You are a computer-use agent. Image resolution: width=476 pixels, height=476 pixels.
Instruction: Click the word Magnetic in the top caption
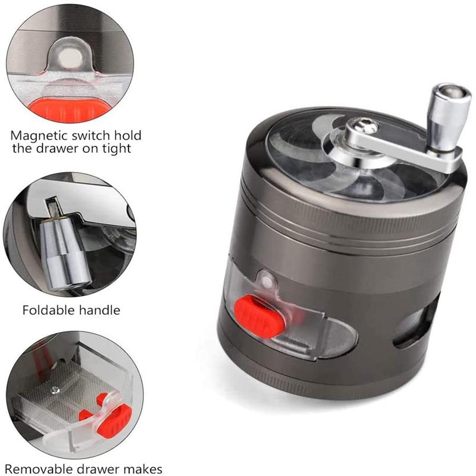pos(39,136)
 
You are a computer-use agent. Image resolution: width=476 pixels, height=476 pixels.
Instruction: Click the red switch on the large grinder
pos(259,316)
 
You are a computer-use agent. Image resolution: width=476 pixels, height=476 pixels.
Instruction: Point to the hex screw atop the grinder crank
pos(363,125)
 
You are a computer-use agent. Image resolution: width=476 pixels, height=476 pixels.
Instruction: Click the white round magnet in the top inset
pos(70,57)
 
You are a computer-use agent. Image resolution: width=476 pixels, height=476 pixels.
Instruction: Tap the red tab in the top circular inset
pos(70,109)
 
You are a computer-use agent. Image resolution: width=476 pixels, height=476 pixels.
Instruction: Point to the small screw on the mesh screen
pos(55,390)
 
